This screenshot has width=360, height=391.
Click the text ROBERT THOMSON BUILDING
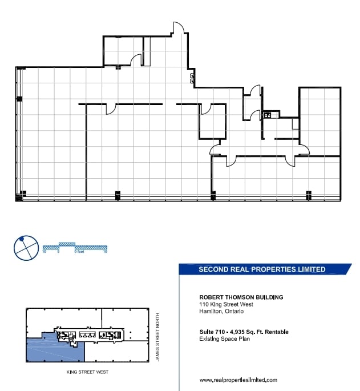(x=241, y=297)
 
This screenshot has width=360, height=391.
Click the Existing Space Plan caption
(x=224, y=339)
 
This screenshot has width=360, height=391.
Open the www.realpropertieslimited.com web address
(x=238, y=380)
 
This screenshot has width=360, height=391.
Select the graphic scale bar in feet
(x=75, y=246)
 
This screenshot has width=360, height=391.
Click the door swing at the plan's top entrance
(x=179, y=29)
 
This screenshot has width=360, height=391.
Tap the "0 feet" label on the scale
(x=78, y=251)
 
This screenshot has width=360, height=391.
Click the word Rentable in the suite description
(x=276, y=332)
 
